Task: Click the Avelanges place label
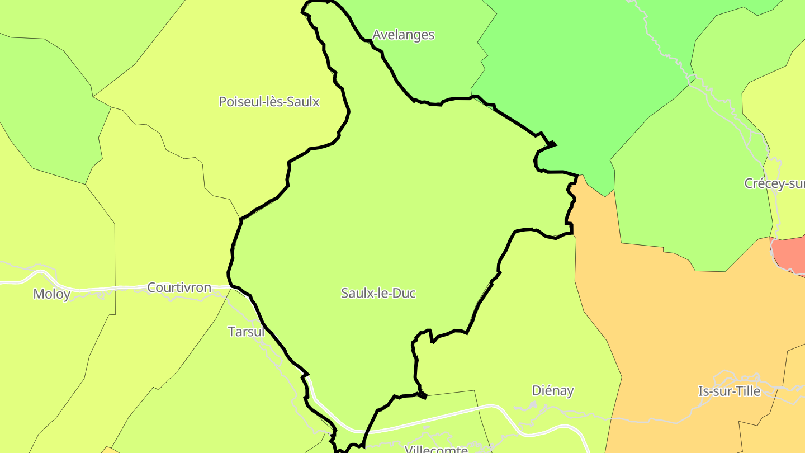point(403,35)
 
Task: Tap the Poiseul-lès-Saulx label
point(269,102)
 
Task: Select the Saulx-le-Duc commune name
point(378,293)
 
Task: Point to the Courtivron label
point(179,288)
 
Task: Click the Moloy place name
point(51,294)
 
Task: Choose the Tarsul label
point(246,332)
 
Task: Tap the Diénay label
point(552,390)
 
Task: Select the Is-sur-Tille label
point(730,391)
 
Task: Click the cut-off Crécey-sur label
point(774,183)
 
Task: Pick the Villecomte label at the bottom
point(436,449)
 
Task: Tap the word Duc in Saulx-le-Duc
point(404,293)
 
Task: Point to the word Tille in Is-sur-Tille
point(747,391)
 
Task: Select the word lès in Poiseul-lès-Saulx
point(272,102)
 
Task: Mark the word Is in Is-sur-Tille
point(703,391)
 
